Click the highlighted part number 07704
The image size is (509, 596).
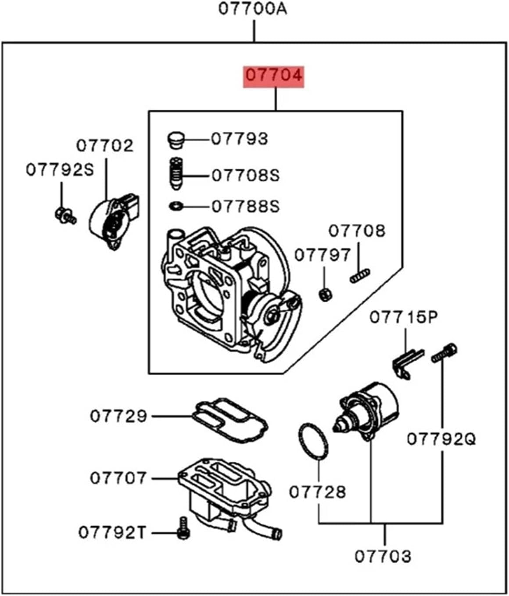(274, 75)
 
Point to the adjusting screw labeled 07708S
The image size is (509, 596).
(176, 174)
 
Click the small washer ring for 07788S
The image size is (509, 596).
(176, 205)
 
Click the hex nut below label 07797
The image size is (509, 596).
(325, 294)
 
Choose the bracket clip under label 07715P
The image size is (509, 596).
(406, 362)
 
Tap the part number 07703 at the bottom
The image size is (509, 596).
(383, 556)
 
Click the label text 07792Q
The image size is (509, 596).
(441, 438)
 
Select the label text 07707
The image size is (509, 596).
(118, 478)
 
